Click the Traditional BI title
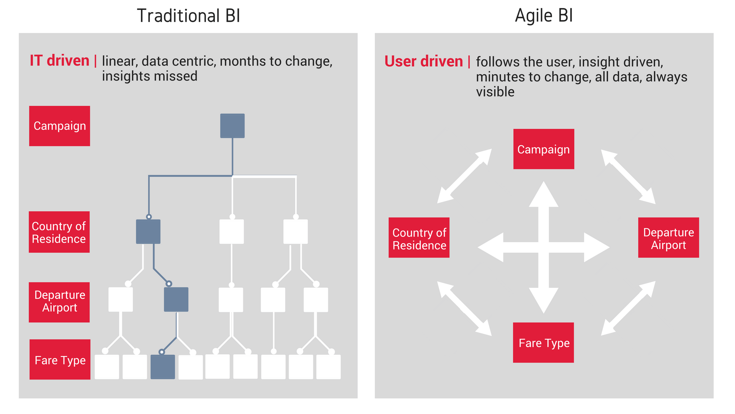[x=188, y=16]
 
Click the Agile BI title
[x=544, y=16]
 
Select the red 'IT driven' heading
[x=59, y=61]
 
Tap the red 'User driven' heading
[x=423, y=61]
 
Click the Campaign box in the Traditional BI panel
[x=60, y=126]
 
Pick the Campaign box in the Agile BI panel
[x=544, y=149]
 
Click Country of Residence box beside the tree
[x=59, y=232]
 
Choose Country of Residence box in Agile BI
[x=419, y=238]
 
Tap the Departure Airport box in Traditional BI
[x=59, y=302]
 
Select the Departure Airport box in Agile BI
[x=668, y=238]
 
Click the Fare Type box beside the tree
[x=60, y=360]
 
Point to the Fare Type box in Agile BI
[x=544, y=343]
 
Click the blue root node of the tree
[x=232, y=126]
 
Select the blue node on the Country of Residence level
[x=148, y=232]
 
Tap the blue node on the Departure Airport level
[x=176, y=299]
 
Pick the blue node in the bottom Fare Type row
[x=163, y=367]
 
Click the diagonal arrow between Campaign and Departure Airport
[x=628, y=177]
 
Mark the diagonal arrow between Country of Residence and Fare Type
[x=464, y=309]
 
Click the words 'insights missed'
[x=150, y=76]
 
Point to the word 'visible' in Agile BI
[x=495, y=92]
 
